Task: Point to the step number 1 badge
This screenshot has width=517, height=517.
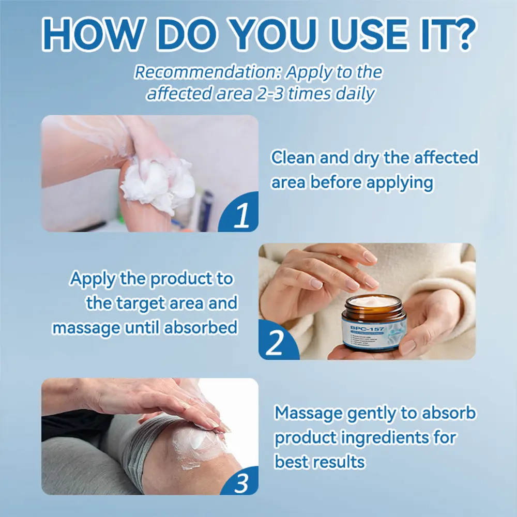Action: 241,217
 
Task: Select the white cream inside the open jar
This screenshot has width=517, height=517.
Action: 373,301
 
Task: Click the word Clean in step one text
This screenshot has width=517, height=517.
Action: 293,158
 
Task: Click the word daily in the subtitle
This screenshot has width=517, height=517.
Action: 351,94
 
